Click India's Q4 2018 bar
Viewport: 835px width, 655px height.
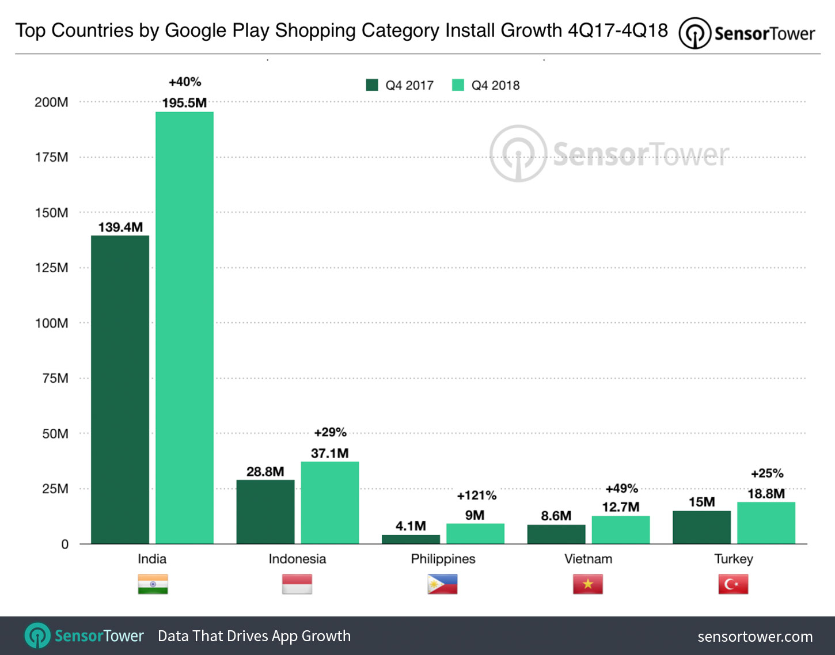coord(184,327)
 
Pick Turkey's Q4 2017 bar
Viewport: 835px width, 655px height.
coord(701,527)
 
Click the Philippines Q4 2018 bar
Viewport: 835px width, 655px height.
coord(475,534)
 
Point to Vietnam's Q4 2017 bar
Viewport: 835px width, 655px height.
coord(556,534)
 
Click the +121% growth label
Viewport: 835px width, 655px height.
coord(476,496)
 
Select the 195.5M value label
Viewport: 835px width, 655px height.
coord(184,103)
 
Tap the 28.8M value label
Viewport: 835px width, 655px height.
coord(265,472)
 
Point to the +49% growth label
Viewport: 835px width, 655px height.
coord(621,489)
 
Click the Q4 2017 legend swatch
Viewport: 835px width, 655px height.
coord(372,85)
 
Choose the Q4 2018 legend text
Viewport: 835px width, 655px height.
coord(495,86)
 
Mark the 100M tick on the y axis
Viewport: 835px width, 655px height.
coord(52,323)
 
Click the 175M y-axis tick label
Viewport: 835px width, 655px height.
coord(52,158)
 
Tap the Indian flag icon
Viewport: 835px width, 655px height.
coord(153,584)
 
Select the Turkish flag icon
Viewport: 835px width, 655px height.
coord(733,584)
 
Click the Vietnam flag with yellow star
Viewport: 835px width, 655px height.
coord(587,584)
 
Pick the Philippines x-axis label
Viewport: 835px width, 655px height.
coord(443,559)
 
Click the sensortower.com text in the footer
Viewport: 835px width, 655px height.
coord(755,637)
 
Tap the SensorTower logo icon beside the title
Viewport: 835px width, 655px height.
coord(694,33)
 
